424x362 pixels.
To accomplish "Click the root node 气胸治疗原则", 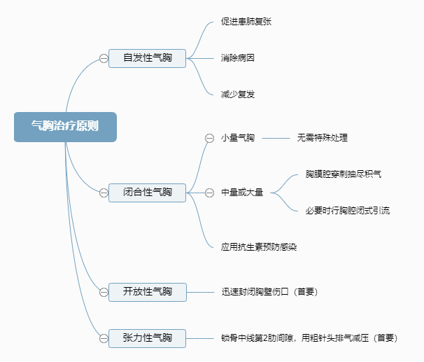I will point(65,127).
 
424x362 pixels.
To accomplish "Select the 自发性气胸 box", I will point(147,58).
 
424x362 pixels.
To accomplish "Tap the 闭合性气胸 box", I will point(147,192).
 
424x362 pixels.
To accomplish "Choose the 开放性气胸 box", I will point(147,291).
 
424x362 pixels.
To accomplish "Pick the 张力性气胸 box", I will point(147,338).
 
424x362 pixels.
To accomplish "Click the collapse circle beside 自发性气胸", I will point(104,58).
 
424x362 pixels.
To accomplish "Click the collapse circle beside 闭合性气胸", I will point(104,192).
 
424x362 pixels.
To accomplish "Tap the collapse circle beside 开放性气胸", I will point(104,291).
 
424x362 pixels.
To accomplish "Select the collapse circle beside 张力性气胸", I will point(104,338).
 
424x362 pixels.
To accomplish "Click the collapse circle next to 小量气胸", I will point(209,138).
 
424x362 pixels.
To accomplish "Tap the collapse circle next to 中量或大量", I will point(209,192).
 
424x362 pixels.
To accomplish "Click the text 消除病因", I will point(237,58).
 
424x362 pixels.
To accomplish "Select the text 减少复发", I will point(237,94).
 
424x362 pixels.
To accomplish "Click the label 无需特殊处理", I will point(322,138).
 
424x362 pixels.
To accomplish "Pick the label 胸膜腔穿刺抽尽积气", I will point(343,174).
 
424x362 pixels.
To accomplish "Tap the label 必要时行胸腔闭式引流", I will point(347,210).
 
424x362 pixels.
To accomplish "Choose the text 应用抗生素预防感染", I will point(258,246).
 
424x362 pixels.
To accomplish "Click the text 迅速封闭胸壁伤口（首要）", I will point(269,291).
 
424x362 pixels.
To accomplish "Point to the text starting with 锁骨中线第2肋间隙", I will point(309,338).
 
